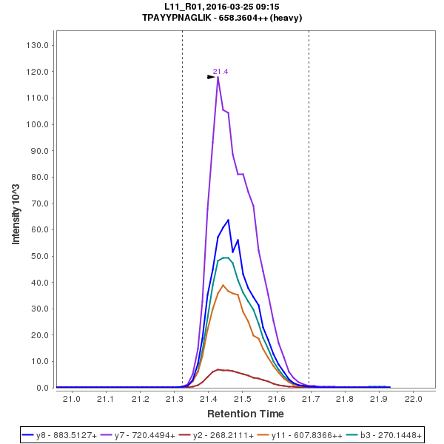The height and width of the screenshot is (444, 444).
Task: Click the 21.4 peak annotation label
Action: (221, 72)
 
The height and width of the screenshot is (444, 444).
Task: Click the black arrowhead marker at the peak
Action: (211, 76)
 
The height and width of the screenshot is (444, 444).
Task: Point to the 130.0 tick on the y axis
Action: (38, 45)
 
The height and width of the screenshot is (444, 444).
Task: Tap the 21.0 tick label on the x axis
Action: (72, 400)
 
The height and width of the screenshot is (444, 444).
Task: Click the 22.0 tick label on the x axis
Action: (414, 400)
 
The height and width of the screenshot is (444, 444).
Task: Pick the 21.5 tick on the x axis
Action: (243, 400)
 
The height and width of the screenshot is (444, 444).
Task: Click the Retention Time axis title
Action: (245, 413)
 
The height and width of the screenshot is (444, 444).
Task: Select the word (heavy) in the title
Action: (286, 18)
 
